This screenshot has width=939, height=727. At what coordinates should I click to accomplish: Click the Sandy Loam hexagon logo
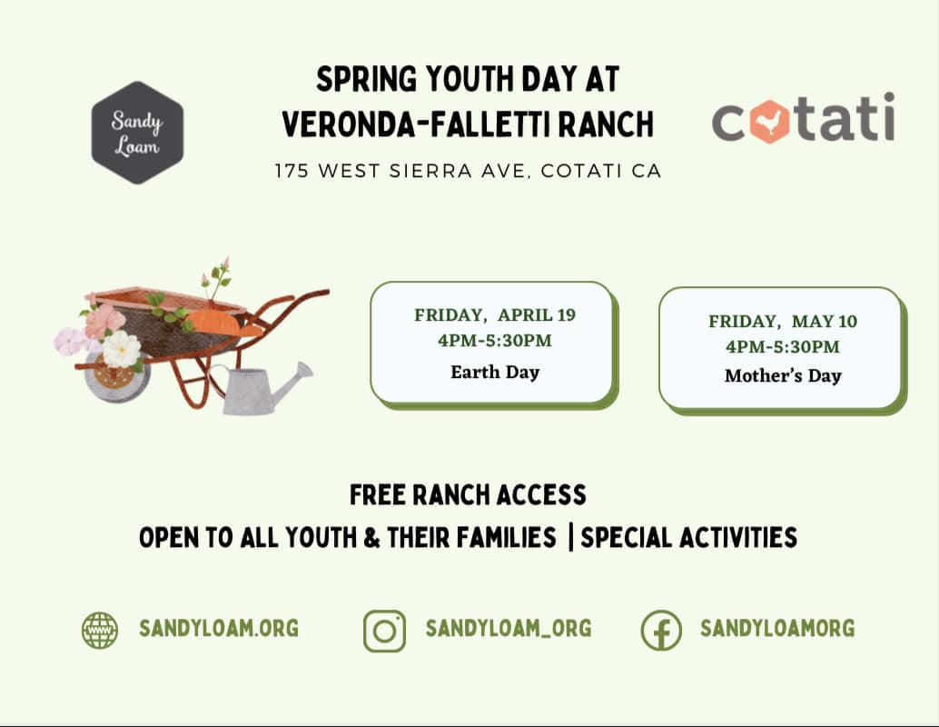137,133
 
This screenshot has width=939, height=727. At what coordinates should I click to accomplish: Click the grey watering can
263,388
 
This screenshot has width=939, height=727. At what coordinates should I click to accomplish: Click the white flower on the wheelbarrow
122,350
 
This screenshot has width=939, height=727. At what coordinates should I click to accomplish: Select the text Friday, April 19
495,314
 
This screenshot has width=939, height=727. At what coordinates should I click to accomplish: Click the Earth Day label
495,373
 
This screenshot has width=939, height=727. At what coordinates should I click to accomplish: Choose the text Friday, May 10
783,322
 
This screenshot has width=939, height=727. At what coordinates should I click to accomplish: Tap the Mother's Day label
783,376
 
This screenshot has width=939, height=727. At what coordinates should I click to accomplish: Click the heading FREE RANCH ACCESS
468,495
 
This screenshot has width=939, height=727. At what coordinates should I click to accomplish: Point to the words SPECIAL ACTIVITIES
688,538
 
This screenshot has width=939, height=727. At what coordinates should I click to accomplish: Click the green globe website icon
99,630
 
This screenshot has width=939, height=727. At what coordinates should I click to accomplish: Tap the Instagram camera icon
384,631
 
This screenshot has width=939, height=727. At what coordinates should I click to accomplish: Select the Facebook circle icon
661,631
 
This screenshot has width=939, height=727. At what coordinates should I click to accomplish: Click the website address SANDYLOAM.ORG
219,628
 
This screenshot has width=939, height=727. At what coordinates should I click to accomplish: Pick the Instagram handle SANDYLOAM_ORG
509,628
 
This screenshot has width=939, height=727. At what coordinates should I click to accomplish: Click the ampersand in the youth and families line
371,538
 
